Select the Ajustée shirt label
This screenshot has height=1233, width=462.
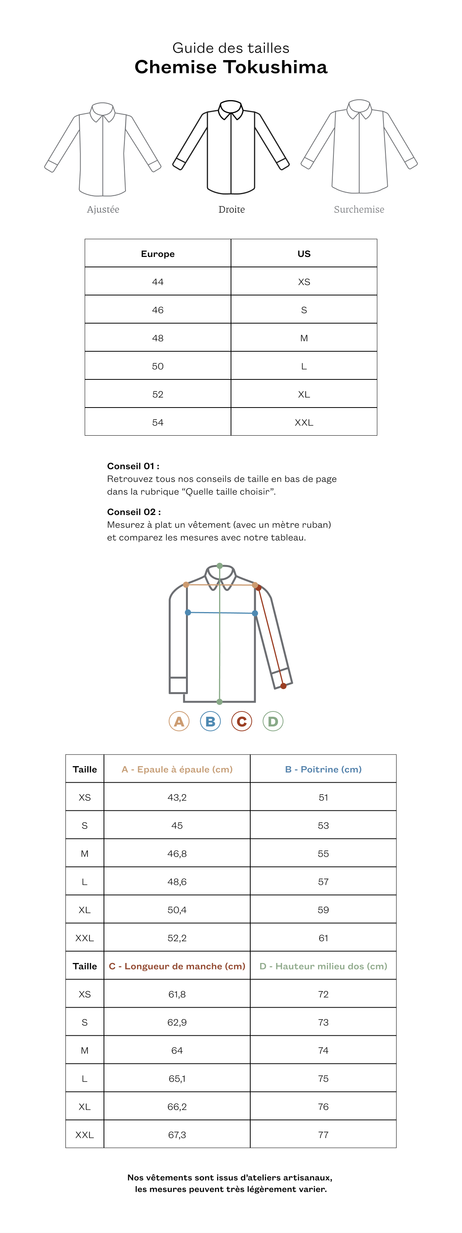pos(103,209)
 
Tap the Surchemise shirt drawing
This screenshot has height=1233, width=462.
pos(359,146)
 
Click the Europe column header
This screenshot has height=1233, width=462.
pos(158,254)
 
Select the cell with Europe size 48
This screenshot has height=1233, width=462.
pos(158,338)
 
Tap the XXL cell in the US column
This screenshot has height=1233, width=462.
pos(304,423)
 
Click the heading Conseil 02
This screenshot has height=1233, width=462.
pos(134,512)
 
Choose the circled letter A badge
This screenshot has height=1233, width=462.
pos(179,721)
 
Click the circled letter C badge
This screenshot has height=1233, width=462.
pos(241,721)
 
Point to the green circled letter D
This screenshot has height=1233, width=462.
pos(273,721)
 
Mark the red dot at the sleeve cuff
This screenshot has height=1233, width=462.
pos(284,686)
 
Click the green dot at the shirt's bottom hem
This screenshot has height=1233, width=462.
pos(219,702)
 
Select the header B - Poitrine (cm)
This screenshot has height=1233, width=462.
pos(323,769)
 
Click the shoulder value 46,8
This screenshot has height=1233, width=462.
pos(177,854)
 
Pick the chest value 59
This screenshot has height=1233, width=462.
pos(323,910)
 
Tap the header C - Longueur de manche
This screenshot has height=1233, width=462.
pos(177,966)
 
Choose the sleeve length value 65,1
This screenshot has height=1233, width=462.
pos(177,1079)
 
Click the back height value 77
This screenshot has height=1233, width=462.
pos(323,1135)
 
